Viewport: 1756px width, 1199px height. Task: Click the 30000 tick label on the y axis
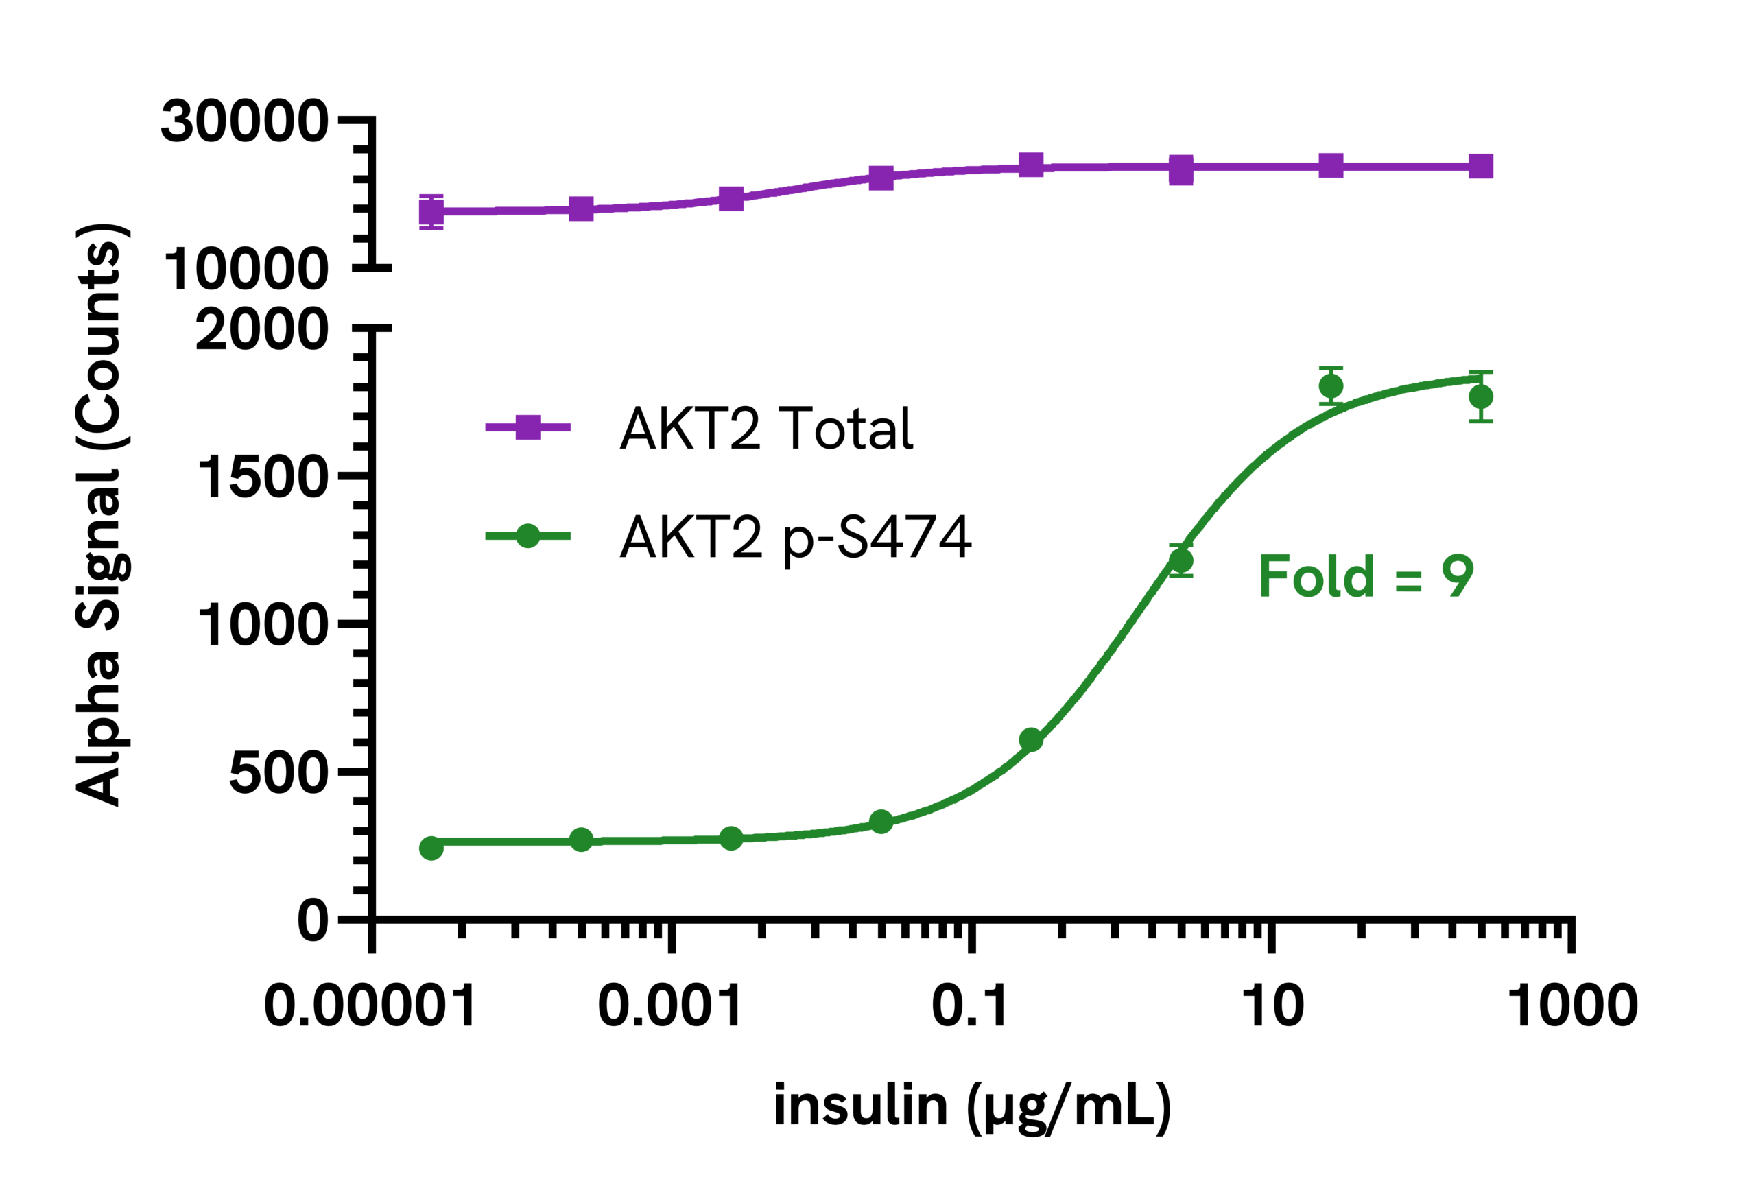pyautogui.click(x=244, y=121)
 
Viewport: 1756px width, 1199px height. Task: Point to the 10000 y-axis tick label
pyautogui.click(x=246, y=270)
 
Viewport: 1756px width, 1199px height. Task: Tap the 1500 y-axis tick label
pyautogui.click(x=262, y=478)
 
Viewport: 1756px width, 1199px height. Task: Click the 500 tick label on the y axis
pyautogui.click(x=278, y=774)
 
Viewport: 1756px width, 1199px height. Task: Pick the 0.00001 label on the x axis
pyautogui.click(x=370, y=1006)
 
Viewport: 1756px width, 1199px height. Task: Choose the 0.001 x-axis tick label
pyautogui.click(x=670, y=1006)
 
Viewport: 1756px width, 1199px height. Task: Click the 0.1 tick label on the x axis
pyautogui.click(x=970, y=1006)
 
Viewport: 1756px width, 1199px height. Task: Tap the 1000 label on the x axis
pyautogui.click(x=1571, y=1006)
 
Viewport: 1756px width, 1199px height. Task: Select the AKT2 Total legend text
pyautogui.click(x=766, y=429)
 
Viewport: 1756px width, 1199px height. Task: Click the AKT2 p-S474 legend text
pyautogui.click(x=795, y=537)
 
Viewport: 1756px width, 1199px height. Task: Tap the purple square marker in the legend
pyautogui.click(x=527, y=427)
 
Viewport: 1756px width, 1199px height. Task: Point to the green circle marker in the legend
pyautogui.click(x=527, y=536)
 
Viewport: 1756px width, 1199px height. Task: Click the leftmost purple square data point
pyautogui.click(x=431, y=211)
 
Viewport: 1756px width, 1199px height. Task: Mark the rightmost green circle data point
pyautogui.click(x=1481, y=396)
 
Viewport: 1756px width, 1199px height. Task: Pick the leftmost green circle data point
pyautogui.click(x=431, y=848)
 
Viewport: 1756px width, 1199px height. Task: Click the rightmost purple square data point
pyautogui.click(x=1481, y=166)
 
